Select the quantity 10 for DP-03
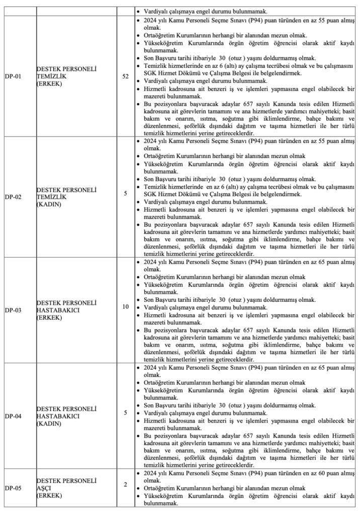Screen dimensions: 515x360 tap(125, 306)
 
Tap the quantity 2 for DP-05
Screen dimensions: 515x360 tap(125, 484)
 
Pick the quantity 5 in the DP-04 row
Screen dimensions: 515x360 tap(125, 412)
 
